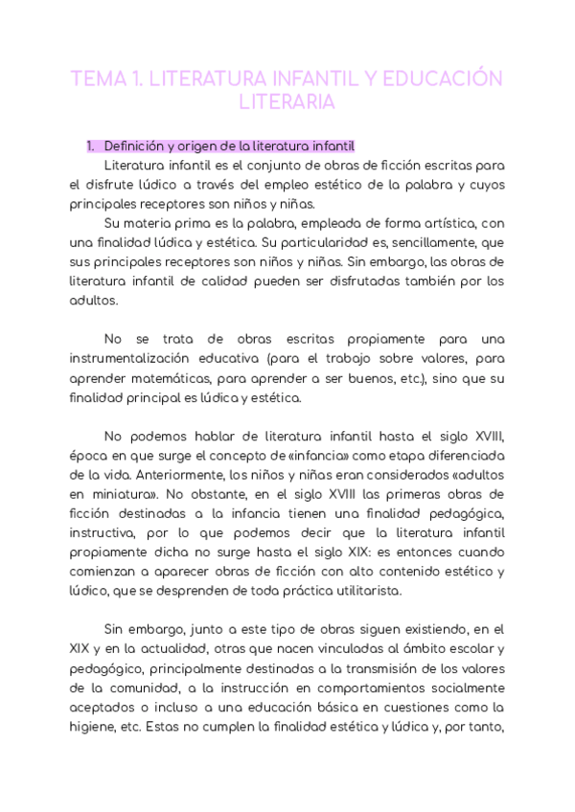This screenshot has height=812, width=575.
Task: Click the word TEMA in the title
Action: tap(96, 79)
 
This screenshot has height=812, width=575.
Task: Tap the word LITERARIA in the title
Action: tap(287, 101)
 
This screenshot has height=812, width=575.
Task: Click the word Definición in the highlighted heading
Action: tap(135, 147)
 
